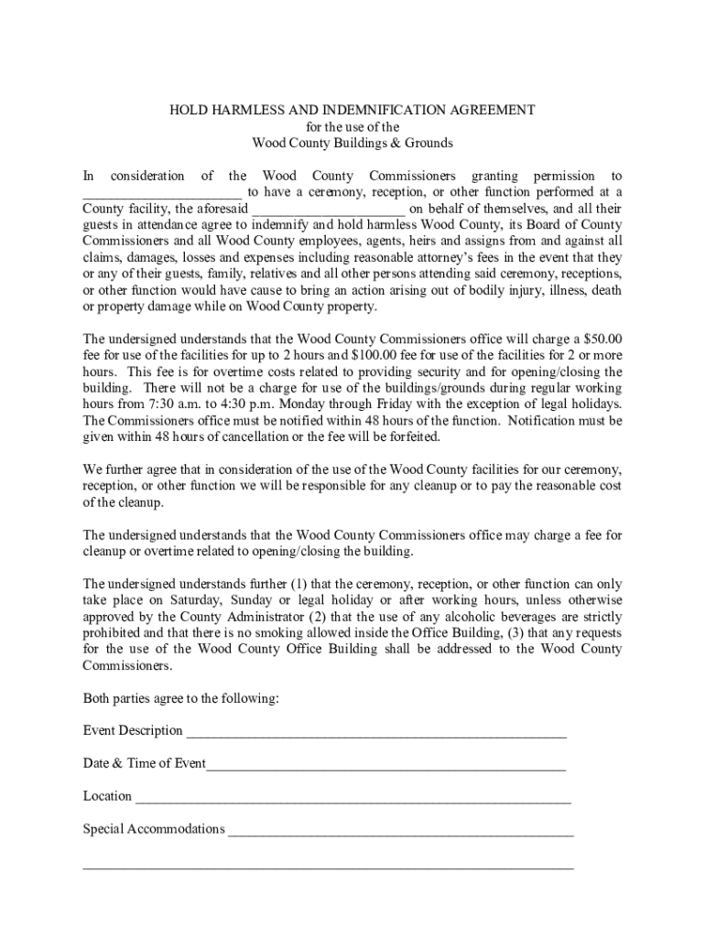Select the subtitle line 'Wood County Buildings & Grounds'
point(352,144)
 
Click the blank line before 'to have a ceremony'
point(162,193)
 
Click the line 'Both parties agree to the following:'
point(181,699)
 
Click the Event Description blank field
point(375,733)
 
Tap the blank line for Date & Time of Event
point(385,766)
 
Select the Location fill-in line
point(352,799)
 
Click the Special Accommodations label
point(154,830)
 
